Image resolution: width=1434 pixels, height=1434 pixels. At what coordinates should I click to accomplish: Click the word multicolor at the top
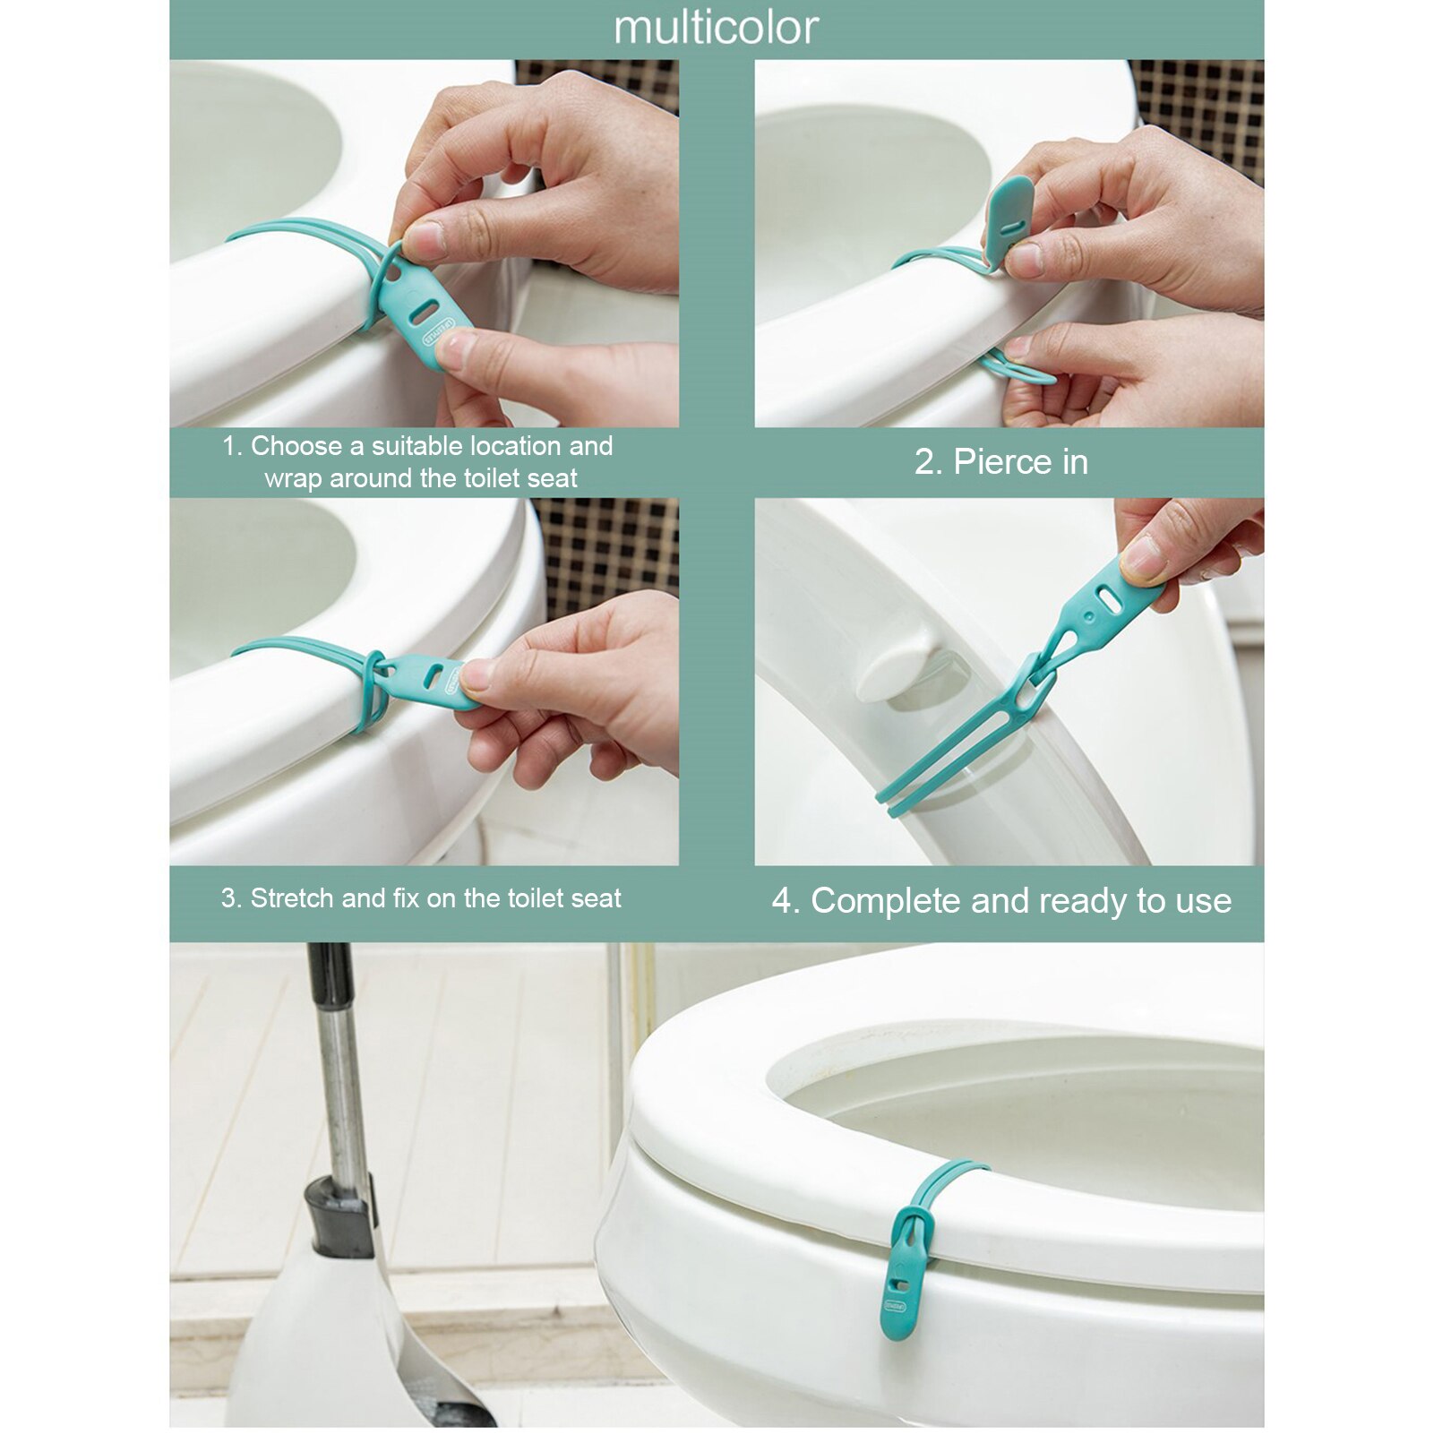point(716,28)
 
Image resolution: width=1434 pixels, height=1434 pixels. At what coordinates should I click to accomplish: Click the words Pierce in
point(1000,462)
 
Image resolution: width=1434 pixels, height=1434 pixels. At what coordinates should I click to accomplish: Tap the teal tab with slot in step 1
point(427,313)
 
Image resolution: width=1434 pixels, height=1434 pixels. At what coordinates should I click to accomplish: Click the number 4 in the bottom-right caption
point(783,901)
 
